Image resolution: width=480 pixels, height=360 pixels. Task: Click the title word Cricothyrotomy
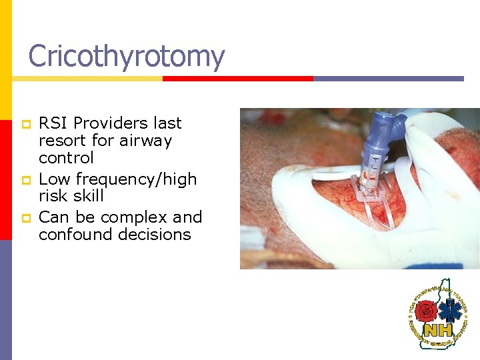click(127, 56)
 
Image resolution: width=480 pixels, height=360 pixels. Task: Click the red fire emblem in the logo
click(425, 311)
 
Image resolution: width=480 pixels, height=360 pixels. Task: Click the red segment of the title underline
click(237, 78)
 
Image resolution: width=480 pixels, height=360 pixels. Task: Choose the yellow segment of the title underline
click(87, 78)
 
